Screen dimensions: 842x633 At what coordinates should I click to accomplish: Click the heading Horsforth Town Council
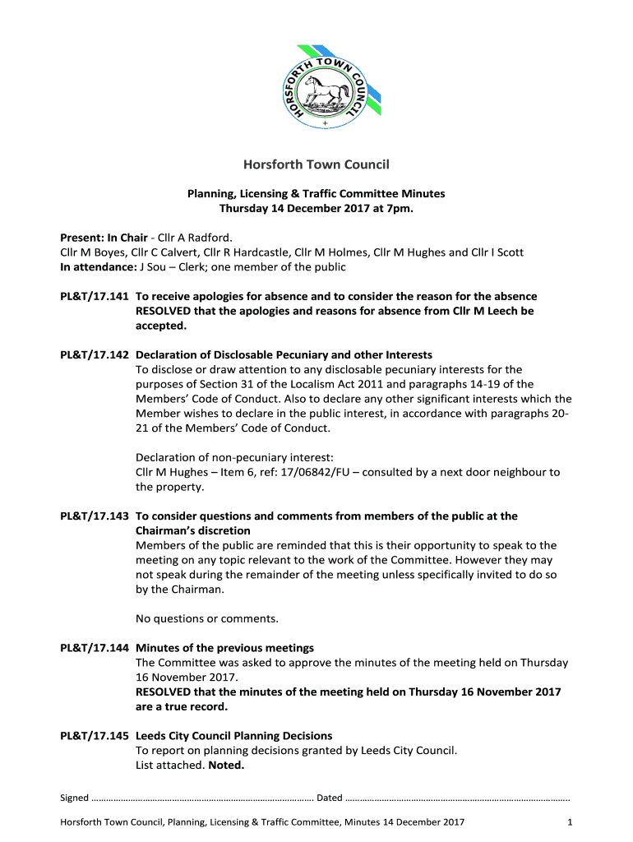click(x=316, y=164)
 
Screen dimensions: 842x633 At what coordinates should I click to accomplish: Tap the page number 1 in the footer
click(x=570, y=822)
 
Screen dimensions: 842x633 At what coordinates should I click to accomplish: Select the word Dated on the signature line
click(x=329, y=798)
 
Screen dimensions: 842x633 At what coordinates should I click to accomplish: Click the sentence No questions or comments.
click(x=207, y=618)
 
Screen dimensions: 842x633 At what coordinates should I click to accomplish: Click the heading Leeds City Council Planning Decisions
click(x=233, y=736)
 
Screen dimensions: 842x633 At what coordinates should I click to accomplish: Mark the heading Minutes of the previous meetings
click(x=224, y=648)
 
